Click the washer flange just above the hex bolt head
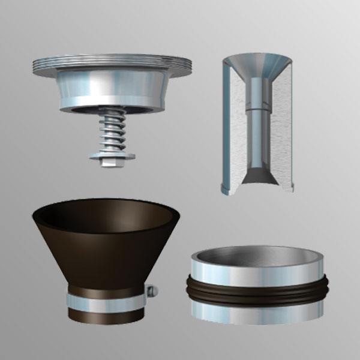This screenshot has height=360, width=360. pos(112,155)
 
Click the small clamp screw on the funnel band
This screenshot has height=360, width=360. pos(154,292)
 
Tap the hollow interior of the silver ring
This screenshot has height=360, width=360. pos(258,258)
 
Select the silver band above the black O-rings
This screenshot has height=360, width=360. pos(258,274)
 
